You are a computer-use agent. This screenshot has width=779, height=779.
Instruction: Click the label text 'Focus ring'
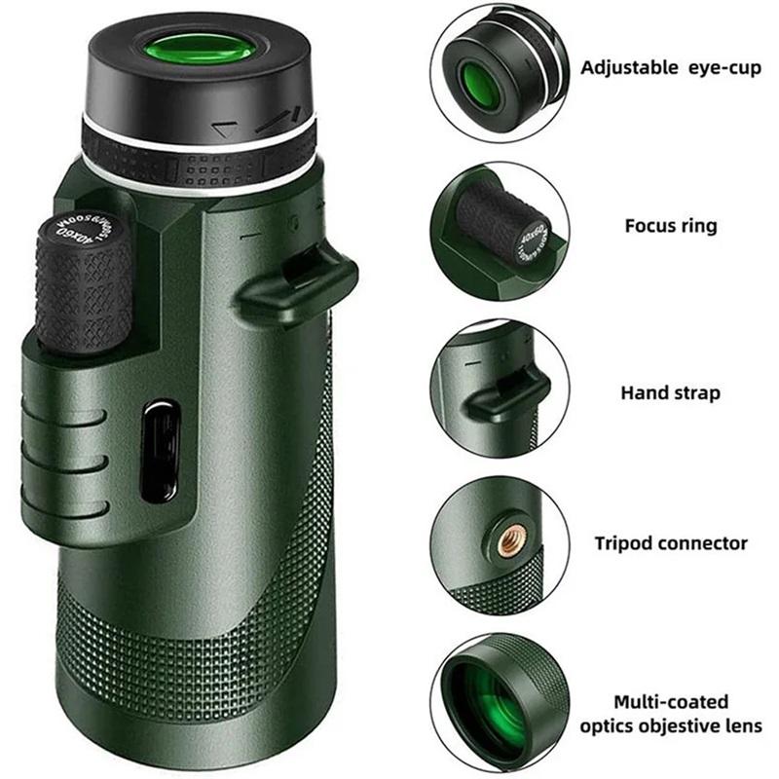(670, 226)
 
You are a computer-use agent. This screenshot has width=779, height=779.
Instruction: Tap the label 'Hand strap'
(670, 393)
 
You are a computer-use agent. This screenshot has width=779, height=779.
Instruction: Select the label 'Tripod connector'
(670, 543)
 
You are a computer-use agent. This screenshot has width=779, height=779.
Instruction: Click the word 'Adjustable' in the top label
(627, 67)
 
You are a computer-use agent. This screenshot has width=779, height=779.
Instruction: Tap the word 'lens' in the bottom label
(744, 726)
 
